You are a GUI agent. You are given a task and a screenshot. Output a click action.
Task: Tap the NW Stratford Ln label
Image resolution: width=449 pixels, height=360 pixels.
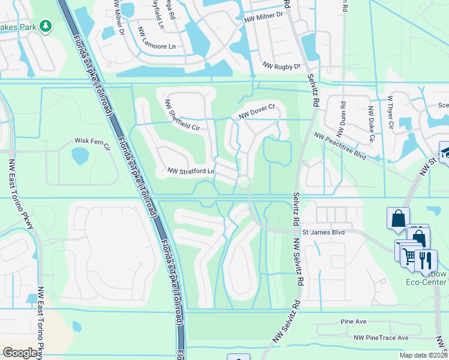point(191,172)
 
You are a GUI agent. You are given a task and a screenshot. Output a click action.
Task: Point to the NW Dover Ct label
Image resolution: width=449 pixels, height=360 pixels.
point(256,110)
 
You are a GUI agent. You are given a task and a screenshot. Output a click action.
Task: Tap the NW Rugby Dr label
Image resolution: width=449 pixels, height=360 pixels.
point(280,66)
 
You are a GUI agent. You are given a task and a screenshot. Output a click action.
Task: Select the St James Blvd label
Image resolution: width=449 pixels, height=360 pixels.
point(324,232)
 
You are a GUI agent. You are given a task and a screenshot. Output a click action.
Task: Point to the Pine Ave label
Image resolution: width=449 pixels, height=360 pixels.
point(353,322)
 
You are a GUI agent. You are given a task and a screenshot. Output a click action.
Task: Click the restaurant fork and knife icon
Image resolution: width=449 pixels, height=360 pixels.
point(426,260)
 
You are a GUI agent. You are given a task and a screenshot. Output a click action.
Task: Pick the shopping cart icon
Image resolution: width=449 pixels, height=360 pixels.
point(409,257)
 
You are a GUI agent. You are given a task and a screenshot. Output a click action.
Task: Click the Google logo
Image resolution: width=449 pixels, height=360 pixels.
point(21,353)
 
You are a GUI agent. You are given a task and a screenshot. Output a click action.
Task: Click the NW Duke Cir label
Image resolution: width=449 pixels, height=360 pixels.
point(372,124)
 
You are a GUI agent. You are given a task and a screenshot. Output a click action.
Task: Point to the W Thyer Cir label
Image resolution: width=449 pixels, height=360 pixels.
point(390,112)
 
